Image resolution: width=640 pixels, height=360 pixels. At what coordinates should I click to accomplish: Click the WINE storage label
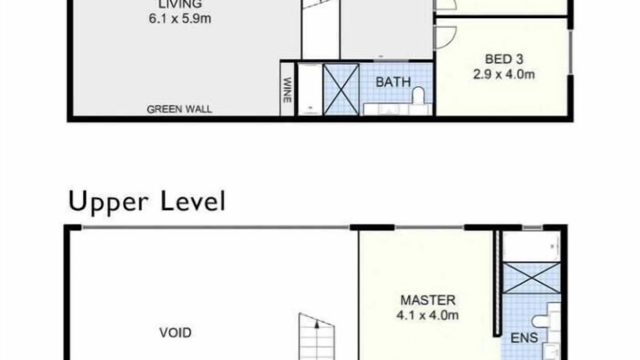(287, 90)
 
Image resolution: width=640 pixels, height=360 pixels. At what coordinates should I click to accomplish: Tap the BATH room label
(393, 82)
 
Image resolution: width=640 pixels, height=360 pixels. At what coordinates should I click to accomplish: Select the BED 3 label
(504, 59)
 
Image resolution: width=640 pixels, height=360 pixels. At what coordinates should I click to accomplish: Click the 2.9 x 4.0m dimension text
(504, 74)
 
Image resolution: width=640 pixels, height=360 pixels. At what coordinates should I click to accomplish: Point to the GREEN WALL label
(179, 109)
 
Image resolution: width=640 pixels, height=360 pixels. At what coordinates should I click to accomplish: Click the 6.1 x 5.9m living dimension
(180, 19)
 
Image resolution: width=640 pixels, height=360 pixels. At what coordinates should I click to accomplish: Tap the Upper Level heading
(147, 202)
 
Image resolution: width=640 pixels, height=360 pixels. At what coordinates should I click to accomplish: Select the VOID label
(175, 332)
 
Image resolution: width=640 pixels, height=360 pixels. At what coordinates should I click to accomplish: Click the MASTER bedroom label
(427, 300)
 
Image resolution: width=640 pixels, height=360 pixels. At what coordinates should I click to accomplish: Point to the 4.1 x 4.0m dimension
(427, 315)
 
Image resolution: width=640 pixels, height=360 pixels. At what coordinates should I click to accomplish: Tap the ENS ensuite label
(524, 338)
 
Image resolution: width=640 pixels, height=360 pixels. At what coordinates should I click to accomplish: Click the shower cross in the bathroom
(341, 89)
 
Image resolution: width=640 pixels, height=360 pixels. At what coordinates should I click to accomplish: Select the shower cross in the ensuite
(531, 278)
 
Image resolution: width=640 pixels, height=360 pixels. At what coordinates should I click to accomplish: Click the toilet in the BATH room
(418, 95)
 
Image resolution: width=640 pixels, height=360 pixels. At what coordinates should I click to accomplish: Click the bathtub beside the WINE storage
(310, 89)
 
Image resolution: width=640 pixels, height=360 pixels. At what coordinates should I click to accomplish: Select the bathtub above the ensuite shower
(531, 246)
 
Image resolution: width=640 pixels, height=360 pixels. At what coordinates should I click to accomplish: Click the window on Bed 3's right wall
(570, 52)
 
